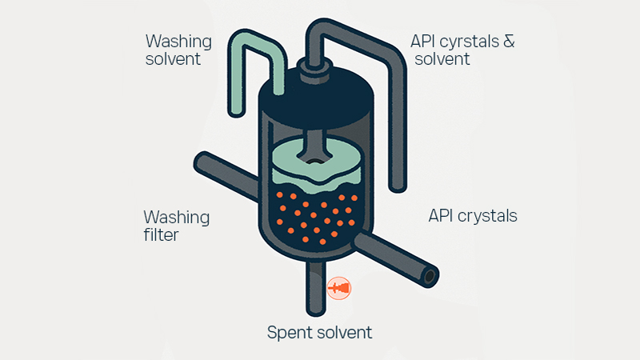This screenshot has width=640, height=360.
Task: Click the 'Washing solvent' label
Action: [x=178, y=49]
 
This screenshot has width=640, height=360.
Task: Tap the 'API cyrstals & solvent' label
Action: [x=462, y=49]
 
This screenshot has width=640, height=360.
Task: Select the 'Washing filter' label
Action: [x=176, y=226]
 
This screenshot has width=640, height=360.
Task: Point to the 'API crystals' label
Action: [x=473, y=216]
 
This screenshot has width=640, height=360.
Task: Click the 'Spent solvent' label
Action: [x=319, y=333]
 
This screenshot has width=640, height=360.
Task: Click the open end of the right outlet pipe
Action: [x=430, y=277]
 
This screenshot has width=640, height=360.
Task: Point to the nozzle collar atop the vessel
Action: [x=309, y=66]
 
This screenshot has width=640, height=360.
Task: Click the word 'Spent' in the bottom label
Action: [x=289, y=333]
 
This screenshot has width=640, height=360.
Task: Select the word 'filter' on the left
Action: [x=162, y=236]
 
